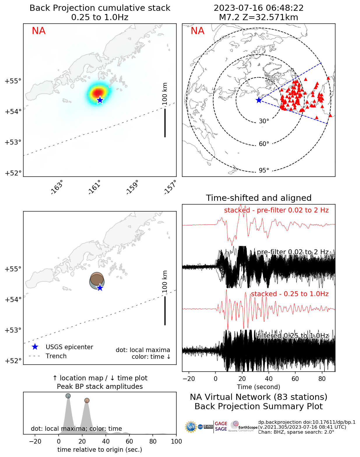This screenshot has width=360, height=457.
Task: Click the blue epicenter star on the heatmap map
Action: click(100, 100)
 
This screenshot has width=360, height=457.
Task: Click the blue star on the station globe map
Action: click(259, 100)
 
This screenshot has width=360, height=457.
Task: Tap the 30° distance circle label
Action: click(264, 121)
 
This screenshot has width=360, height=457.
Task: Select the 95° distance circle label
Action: click(264, 170)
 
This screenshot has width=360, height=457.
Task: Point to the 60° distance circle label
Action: click(264, 144)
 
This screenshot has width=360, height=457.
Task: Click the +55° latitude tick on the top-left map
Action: click(13, 81)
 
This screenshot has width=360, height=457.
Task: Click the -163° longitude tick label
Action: click(57, 187)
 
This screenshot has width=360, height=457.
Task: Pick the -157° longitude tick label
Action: click(170, 187)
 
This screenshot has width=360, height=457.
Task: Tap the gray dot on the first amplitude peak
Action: click(68, 396)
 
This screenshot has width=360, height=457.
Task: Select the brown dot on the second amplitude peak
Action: click(87, 400)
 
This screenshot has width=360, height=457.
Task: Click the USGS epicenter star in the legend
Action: click(35, 347)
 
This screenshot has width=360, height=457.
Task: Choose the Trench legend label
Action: click(56, 356)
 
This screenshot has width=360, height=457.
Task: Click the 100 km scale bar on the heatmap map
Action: click(165, 122)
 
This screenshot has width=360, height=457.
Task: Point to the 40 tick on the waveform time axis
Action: click(269, 379)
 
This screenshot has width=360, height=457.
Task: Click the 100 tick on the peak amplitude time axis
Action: click(176, 441)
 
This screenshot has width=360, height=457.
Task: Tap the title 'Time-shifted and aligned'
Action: click(259, 198)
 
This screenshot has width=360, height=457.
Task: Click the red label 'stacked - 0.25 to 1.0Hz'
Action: click(289, 294)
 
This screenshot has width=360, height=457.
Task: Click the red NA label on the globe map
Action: click(197, 31)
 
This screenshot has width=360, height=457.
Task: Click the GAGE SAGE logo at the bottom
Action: click(221, 426)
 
